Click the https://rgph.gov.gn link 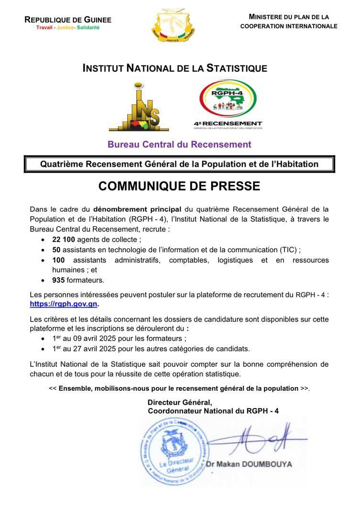click(x=64, y=304)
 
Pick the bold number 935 click(x=58, y=280)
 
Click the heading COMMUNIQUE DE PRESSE click(x=179, y=186)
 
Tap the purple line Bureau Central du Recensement click(x=179, y=144)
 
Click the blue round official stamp click(x=175, y=451)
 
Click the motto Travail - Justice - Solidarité click(x=68, y=28)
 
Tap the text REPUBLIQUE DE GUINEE click(x=68, y=20)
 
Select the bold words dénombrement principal click(x=137, y=209)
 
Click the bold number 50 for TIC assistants click(x=56, y=249)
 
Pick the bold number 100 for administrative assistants click(x=58, y=260)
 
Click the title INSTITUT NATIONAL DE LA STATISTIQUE click(x=175, y=68)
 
